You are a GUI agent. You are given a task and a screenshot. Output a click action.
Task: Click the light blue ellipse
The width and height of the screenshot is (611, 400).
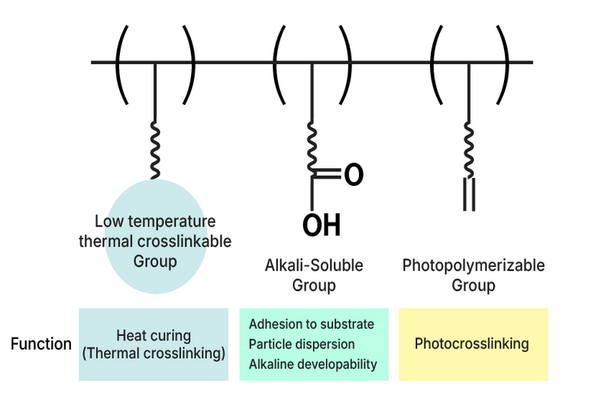(155, 268)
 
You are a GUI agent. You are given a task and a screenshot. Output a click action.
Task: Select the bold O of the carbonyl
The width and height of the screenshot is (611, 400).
(353, 174)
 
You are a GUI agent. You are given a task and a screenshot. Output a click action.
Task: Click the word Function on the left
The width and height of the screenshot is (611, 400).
(41, 344)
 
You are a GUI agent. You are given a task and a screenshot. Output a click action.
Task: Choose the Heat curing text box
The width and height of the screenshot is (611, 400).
(154, 344)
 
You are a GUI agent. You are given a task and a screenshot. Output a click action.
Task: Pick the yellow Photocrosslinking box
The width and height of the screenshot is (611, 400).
(473, 344)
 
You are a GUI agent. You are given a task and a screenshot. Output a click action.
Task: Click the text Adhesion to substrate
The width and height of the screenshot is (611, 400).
(311, 324)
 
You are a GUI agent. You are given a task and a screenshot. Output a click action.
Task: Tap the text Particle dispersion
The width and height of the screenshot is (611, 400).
(302, 344)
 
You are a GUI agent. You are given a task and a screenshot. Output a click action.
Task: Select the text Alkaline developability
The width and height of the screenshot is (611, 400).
(313, 364)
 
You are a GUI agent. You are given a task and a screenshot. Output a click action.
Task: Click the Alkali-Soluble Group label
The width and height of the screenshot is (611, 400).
(313, 275)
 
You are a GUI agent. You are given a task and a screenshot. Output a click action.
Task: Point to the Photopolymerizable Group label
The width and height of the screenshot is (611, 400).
(474, 275)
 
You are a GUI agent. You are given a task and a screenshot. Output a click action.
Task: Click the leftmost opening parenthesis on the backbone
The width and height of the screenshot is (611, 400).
(121, 63)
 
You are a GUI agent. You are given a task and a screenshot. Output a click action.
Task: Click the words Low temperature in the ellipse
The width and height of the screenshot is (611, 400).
(155, 221)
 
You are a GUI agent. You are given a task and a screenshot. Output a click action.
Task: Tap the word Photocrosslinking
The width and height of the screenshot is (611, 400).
(472, 344)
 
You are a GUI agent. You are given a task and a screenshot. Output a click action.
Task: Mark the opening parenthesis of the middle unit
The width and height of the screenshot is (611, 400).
(279, 63)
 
